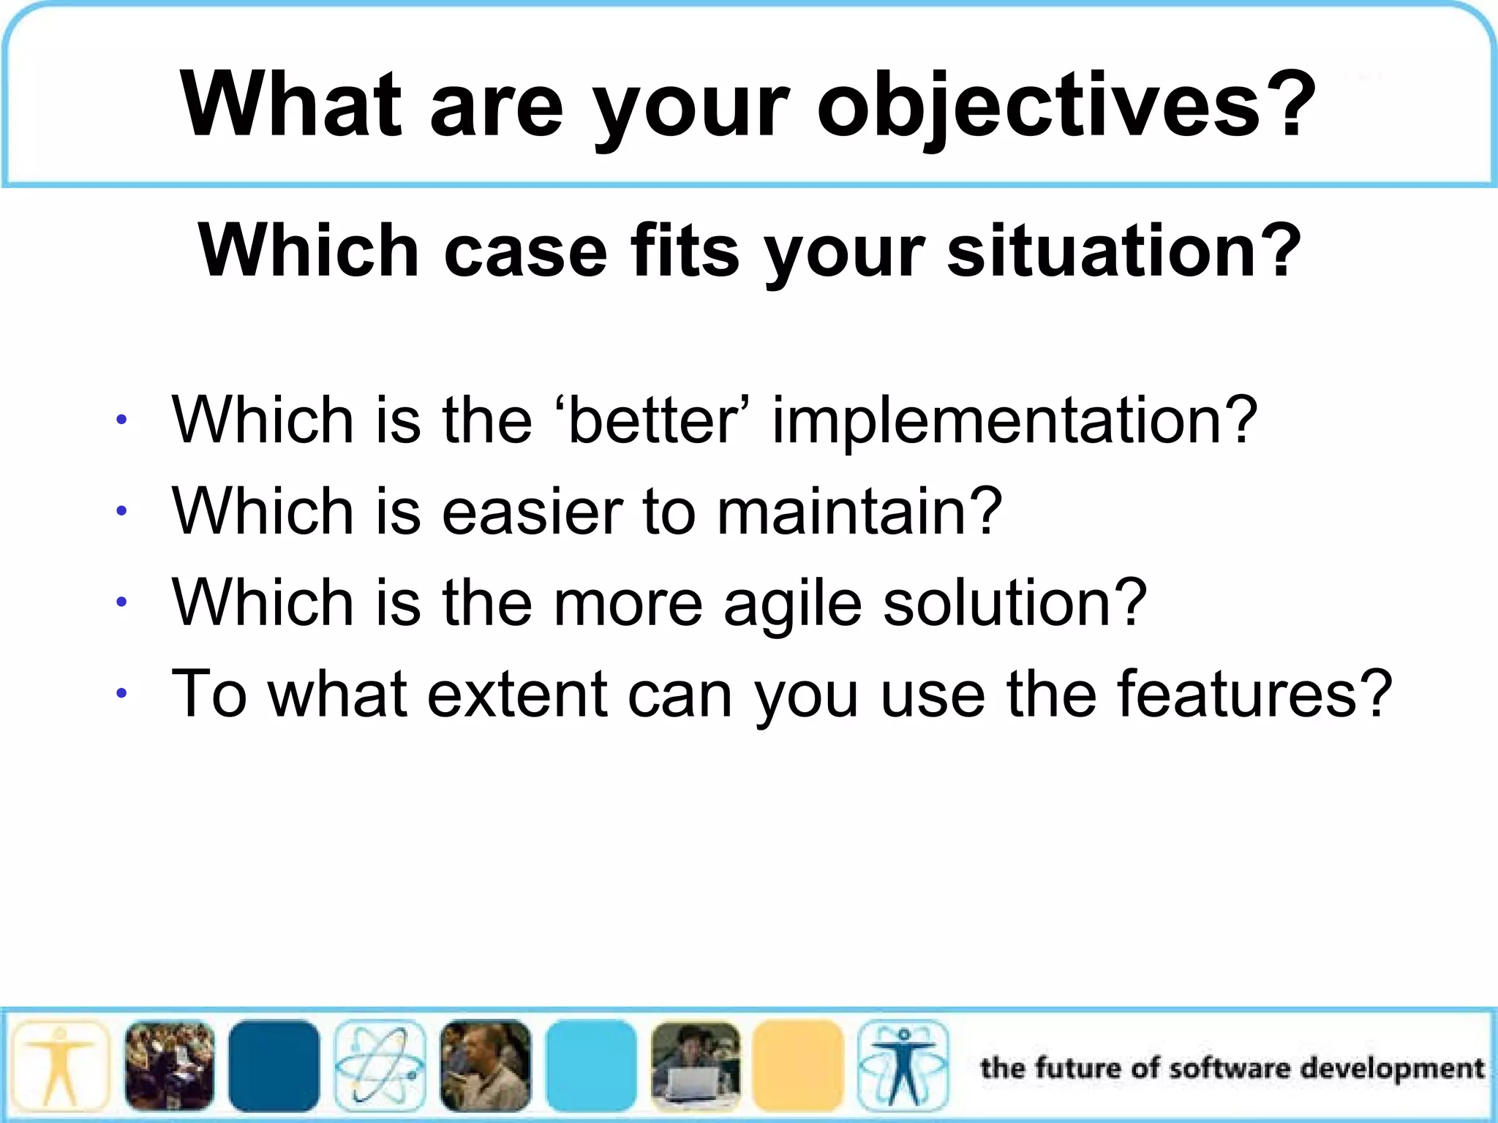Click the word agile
coord(793,604)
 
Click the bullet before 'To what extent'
coord(121,693)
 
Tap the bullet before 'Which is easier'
coord(121,510)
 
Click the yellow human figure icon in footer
coord(60,1065)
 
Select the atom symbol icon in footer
coord(380,1065)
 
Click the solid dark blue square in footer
coord(274,1065)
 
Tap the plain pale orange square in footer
coord(798,1065)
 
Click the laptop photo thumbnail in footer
coord(695,1065)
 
